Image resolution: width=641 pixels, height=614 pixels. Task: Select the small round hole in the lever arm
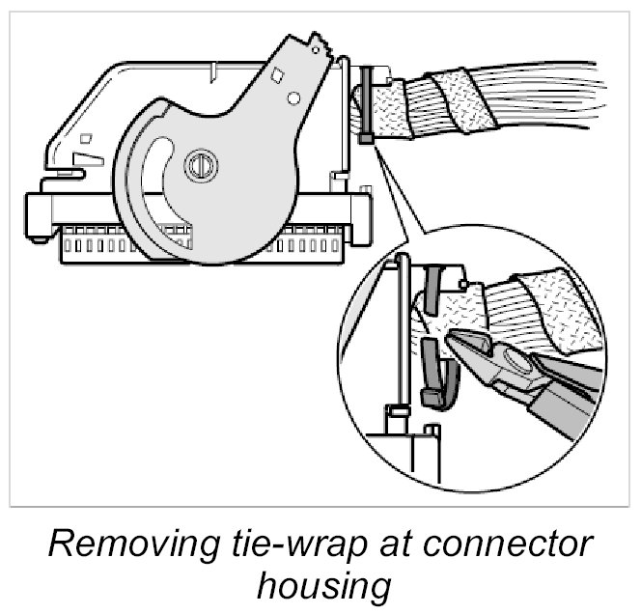coord(291,97)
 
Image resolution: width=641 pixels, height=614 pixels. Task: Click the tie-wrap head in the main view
coord(368,139)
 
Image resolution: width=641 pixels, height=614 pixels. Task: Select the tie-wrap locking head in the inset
coord(433,397)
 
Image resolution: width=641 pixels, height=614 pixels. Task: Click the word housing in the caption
coord(319,585)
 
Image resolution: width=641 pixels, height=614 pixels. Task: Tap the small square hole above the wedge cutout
coord(84,137)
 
